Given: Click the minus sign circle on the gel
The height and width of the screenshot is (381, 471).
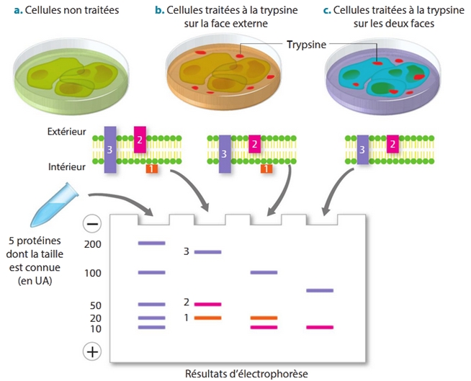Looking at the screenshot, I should [92, 224].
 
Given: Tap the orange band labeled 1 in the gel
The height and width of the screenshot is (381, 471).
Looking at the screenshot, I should [207, 318].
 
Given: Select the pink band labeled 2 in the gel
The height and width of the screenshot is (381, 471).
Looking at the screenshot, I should [207, 305].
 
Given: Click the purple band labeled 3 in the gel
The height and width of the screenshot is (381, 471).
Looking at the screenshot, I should [207, 252].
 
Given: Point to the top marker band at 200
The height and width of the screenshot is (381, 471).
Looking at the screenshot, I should [151, 243].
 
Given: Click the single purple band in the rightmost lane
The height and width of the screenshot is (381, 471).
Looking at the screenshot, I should [320, 290].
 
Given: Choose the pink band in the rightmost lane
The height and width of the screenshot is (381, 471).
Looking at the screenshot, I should [320, 327].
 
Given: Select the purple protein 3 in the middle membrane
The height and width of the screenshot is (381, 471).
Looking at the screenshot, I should [225, 153].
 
